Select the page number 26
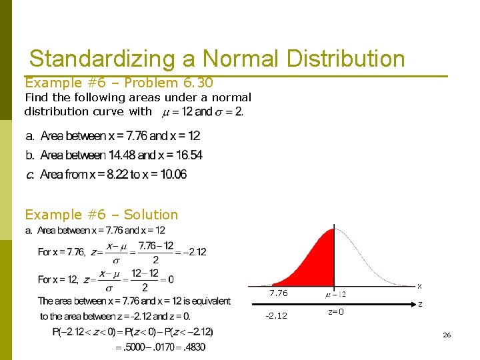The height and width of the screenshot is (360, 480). [447, 335]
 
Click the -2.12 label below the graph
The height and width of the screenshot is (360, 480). [276, 315]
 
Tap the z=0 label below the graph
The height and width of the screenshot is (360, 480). [336, 312]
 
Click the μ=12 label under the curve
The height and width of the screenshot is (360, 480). [335, 294]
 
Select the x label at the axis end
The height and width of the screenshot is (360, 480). [419, 286]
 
